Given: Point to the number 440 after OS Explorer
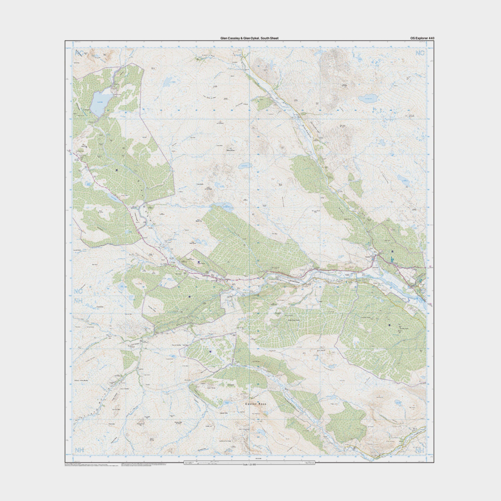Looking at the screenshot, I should pos(431,38).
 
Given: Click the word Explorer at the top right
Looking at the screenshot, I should pos(422,38).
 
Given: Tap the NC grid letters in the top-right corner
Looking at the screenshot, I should pos(420,53).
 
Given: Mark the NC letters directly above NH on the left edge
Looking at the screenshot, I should pos(78,291).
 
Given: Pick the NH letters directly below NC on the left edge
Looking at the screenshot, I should pos(78,301).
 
